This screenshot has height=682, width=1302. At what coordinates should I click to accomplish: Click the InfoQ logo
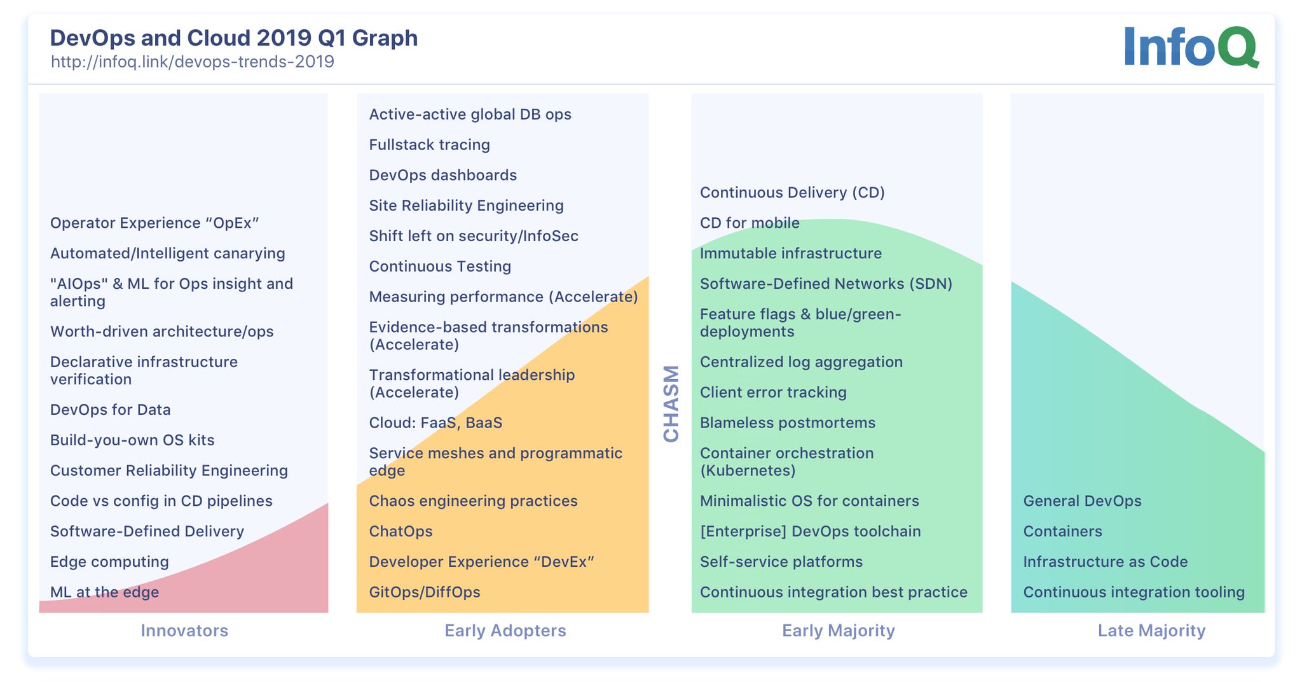tap(1190, 46)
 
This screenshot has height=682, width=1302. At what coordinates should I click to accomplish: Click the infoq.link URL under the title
tap(192, 62)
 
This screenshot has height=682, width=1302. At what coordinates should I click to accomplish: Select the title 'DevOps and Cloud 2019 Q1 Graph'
tap(233, 38)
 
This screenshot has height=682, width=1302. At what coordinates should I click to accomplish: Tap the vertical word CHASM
tap(671, 403)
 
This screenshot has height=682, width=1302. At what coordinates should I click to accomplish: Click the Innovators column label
tap(184, 630)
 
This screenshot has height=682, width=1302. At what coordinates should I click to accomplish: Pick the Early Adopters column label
tap(505, 630)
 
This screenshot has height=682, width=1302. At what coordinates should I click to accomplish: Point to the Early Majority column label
tap(838, 630)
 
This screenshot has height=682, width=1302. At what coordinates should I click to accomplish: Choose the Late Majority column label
tap(1151, 630)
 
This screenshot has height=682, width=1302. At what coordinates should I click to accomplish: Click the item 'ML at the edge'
tap(104, 592)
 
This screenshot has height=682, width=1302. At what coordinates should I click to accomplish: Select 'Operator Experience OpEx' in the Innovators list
tap(154, 223)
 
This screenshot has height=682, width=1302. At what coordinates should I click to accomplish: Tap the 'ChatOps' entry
tap(401, 531)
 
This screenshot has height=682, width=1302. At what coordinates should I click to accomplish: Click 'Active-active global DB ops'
tap(470, 115)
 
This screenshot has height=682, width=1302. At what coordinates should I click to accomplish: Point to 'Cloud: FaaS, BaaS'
tap(435, 423)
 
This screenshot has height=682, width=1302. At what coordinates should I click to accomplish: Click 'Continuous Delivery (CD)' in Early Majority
tap(792, 193)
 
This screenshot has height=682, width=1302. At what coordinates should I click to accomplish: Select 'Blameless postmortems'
tap(787, 423)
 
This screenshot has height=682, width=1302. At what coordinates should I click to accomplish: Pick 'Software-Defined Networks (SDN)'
tap(826, 284)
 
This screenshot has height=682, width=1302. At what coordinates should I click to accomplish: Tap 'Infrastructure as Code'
tap(1105, 562)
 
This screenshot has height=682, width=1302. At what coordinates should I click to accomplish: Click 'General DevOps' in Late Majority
tap(1082, 501)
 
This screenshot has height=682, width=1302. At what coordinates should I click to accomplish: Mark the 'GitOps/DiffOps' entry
tap(425, 592)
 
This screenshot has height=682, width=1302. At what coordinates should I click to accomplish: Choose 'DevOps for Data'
tap(110, 410)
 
